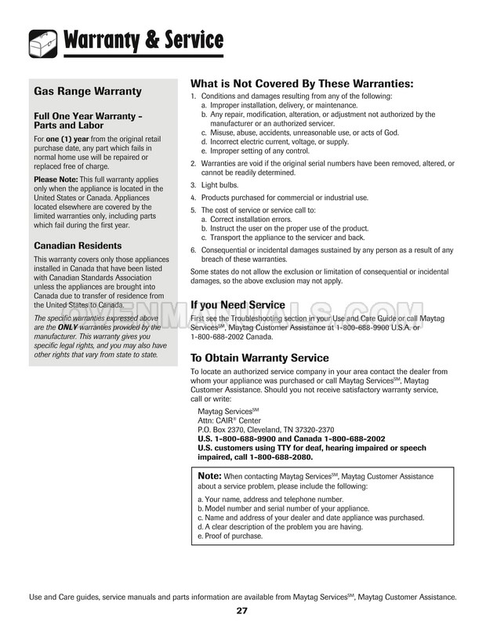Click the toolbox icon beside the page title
tap(40, 41)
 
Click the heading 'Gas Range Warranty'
tap(88, 92)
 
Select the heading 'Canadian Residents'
tap(78, 245)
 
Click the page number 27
tap(241, 610)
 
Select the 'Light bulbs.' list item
tap(222, 185)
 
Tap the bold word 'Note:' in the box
tap(210, 475)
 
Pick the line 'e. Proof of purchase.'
tap(230, 536)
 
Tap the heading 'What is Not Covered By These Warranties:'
tap(302, 84)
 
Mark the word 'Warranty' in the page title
tap(105, 38)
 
